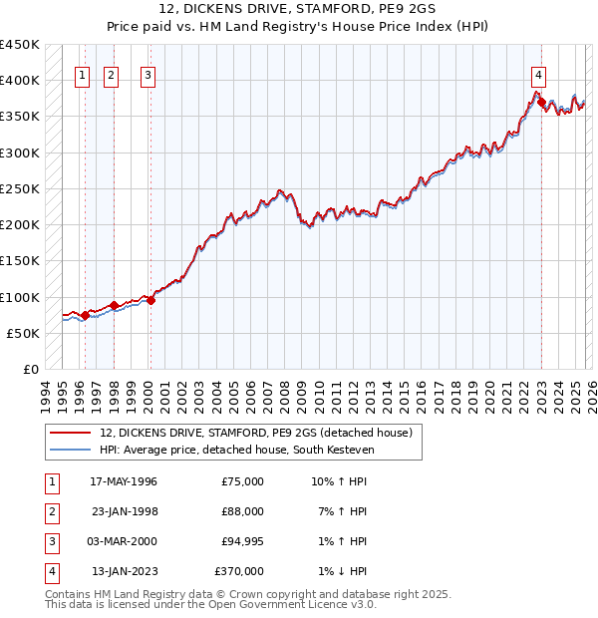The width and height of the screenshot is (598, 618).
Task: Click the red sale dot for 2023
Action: (x=541, y=102)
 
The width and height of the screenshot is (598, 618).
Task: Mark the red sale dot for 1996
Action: (x=85, y=315)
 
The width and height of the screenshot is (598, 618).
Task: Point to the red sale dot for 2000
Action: (x=151, y=301)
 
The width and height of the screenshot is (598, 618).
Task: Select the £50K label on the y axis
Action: (x=24, y=333)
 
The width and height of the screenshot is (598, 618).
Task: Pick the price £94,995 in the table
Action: (x=238, y=541)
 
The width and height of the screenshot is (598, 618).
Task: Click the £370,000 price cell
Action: (x=238, y=571)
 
